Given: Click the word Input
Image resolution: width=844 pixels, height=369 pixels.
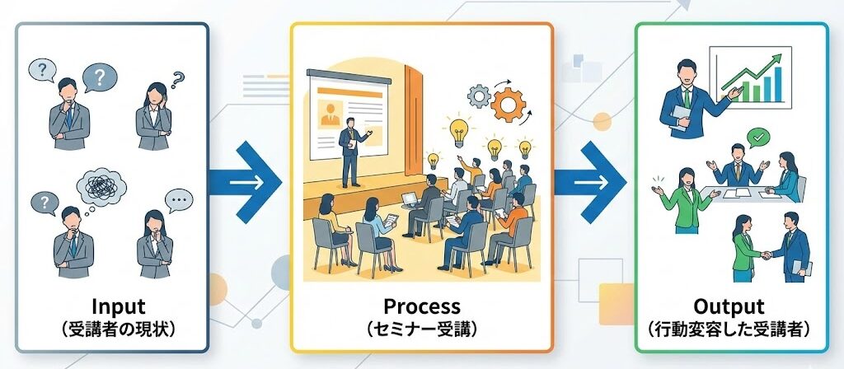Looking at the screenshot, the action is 119,306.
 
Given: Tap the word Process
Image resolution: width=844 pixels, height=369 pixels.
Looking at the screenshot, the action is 422,306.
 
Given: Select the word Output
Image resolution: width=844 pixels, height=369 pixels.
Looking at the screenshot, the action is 729,306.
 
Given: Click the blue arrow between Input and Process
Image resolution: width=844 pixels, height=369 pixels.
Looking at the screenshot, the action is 245,182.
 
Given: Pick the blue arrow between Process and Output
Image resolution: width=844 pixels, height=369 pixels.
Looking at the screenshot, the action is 590,182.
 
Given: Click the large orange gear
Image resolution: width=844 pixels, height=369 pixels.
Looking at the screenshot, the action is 508,105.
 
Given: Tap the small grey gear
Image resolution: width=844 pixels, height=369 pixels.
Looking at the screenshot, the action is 478,96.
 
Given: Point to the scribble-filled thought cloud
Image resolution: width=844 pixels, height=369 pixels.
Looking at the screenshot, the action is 101,186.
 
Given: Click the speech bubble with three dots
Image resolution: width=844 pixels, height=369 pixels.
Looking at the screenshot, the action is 179,201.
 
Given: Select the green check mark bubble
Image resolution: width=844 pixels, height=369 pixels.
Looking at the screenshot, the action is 758,138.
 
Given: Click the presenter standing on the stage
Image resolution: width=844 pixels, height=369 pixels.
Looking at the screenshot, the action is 352,152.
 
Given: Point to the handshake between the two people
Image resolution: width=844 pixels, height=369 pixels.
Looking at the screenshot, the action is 766,255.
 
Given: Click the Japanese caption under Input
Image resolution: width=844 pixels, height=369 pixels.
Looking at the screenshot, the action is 119,329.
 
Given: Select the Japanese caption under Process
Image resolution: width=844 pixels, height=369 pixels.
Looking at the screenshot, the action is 422,329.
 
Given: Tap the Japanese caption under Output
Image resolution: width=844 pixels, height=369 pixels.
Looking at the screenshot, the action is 729,329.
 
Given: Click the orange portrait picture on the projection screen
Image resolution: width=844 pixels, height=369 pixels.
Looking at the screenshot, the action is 330,112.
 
